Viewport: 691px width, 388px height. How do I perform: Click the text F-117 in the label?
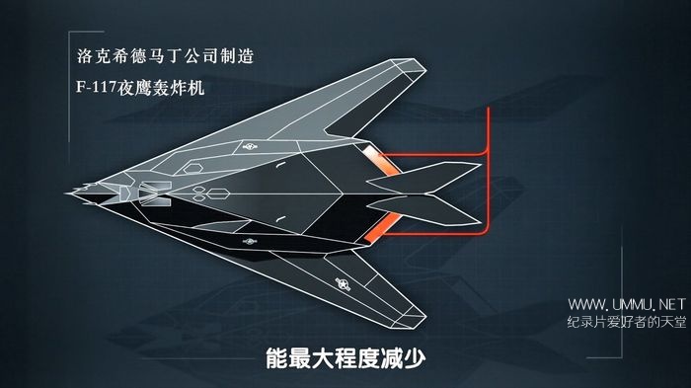(x=96, y=87)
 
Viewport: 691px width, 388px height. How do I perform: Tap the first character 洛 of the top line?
(x=84, y=56)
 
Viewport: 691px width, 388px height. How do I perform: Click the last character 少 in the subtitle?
(x=414, y=358)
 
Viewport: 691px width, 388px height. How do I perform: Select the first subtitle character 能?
(x=277, y=358)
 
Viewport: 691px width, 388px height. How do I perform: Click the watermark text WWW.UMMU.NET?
(x=627, y=304)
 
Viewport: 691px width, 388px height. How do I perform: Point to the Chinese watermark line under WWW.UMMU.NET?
(x=627, y=322)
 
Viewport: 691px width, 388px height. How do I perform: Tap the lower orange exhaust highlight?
(x=383, y=227)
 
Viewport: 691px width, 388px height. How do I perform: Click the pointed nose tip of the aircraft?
(x=67, y=194)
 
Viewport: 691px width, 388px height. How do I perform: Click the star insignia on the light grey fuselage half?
(x=250, y=146)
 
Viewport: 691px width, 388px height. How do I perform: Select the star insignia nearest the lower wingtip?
(x=343, y=284)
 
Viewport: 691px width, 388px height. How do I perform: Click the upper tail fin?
(x=423, y=178)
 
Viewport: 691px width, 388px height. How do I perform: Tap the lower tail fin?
(x=423, y=209)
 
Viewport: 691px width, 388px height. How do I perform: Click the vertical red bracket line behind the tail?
(x=489, y=170)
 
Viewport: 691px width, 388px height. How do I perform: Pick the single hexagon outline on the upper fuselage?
(x=192, y=168)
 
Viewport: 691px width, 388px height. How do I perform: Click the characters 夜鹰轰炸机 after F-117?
(x=161, y=87)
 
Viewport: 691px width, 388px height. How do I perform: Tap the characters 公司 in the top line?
(x=200, y=56)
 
